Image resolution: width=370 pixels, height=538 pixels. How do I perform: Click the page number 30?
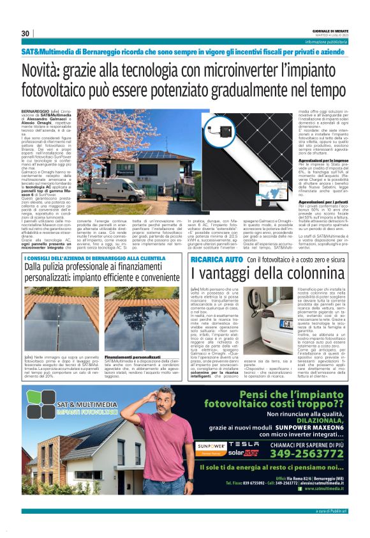[x=26, y=33]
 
